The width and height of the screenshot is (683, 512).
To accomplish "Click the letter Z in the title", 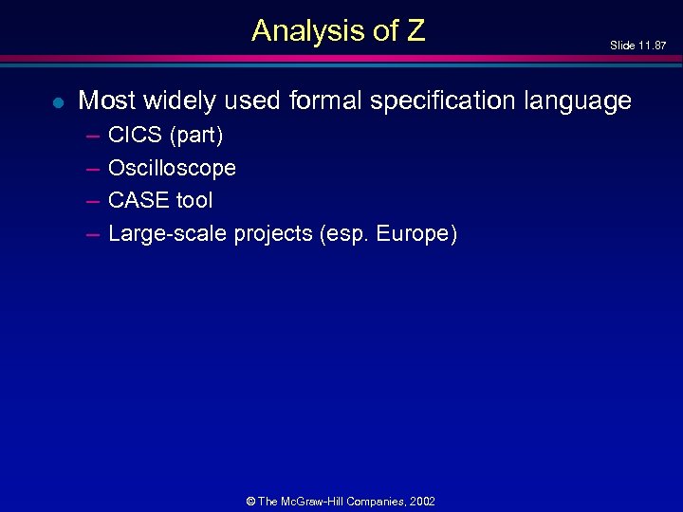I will click(415, 31).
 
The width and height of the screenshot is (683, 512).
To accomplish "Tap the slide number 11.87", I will click(652, 46).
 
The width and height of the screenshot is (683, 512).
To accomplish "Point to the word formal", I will click(319, 101).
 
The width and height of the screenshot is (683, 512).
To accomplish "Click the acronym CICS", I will click(135, 136).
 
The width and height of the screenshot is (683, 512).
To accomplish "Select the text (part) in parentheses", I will click(196, 137).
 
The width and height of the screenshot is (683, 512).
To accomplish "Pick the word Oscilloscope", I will click(172, 169).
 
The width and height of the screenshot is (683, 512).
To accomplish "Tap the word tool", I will click(194, 200).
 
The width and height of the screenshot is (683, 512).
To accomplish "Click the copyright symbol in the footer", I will click(249, 502).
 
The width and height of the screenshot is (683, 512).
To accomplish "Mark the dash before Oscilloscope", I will click(93, 169).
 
